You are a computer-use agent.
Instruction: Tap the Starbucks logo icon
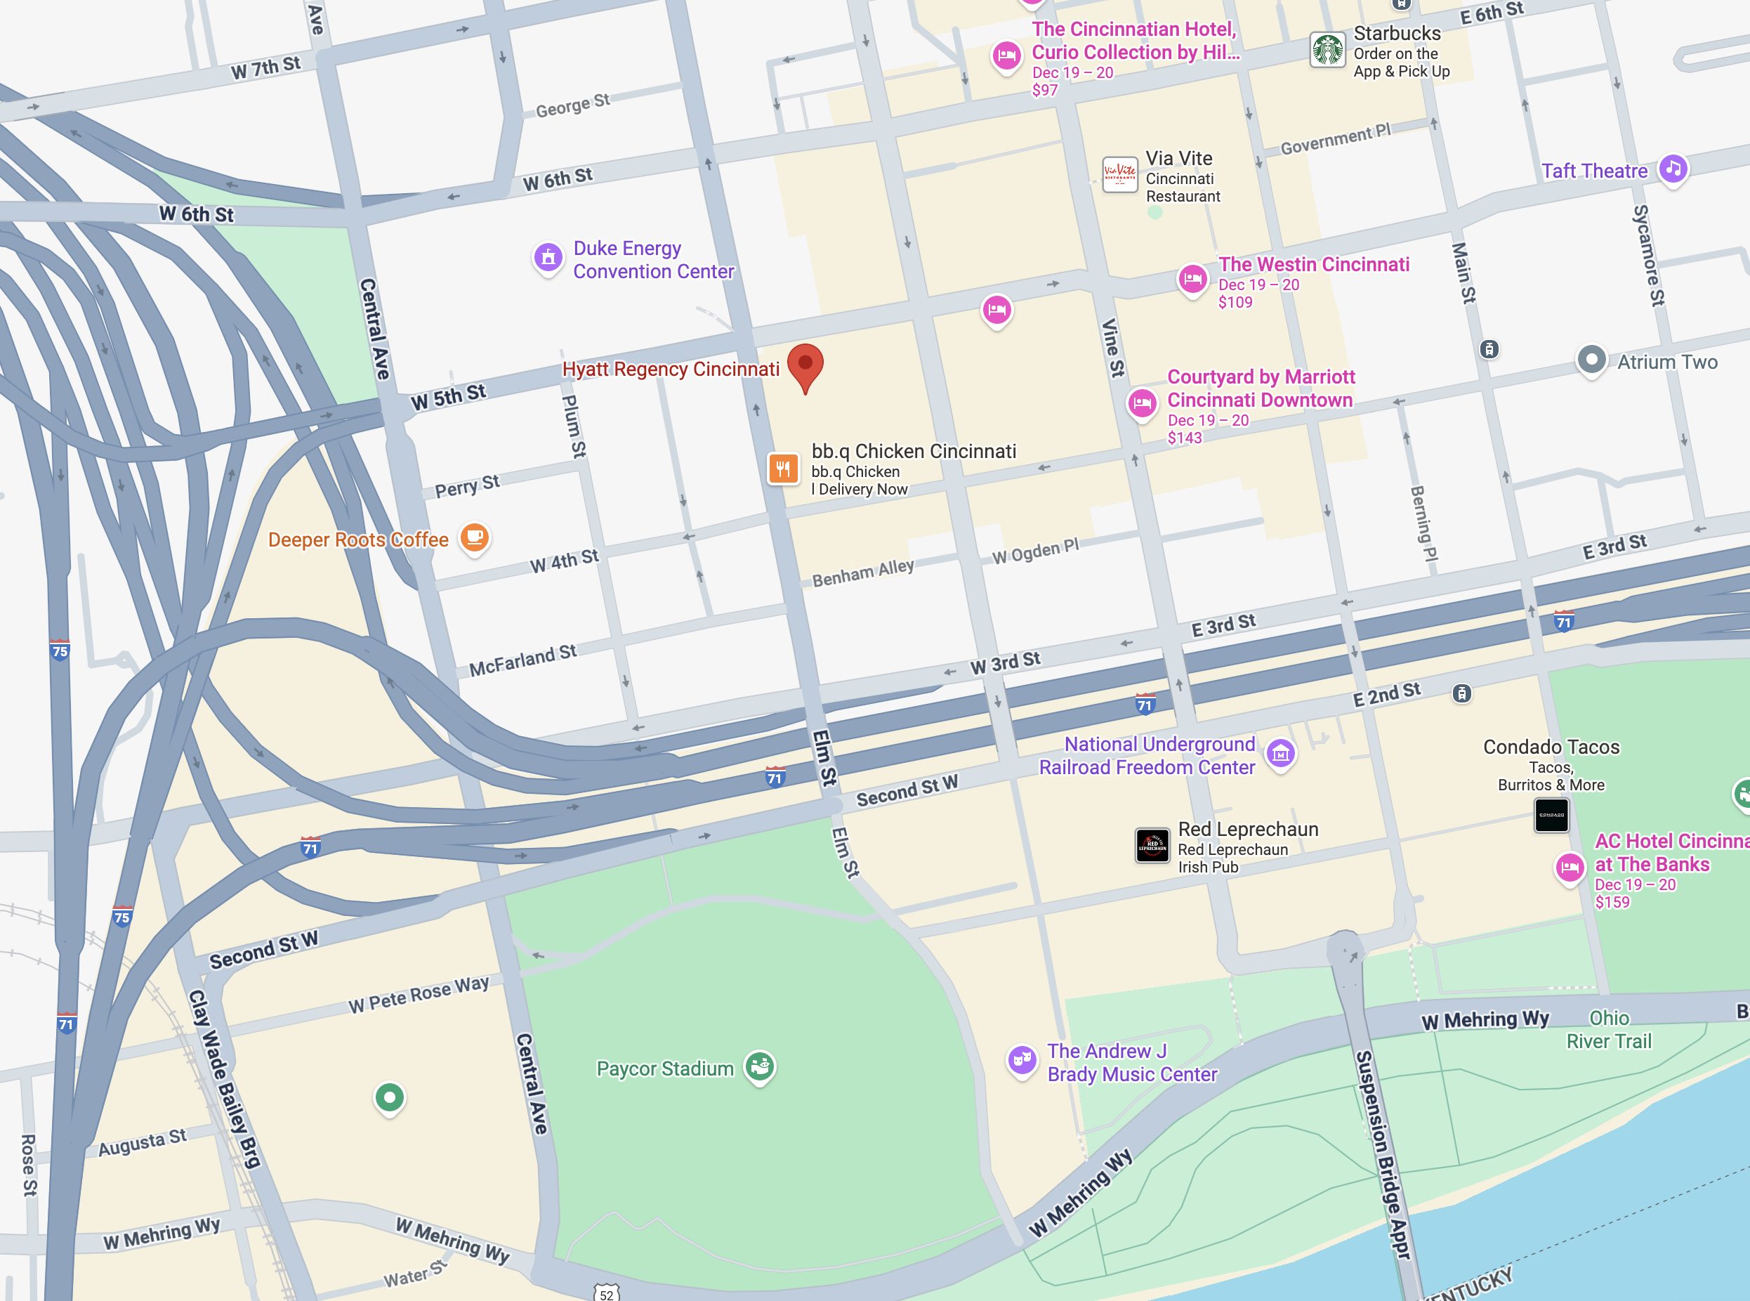pyautogui.click(x=1327, y=51)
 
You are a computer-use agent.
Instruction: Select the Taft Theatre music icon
pyautogui.click(x=1673, y=169)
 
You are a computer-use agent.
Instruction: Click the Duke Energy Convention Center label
pyautogui.click(x=652, y=260)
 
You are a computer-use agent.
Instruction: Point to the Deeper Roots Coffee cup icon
pyautogui.click(x=475, y=538)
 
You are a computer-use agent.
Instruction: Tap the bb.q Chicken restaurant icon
pyautogui.click(x=783, y=469)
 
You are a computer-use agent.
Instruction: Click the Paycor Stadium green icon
pyautogui.click(x=760, y=1067)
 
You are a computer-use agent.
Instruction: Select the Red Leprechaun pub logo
pyautogui.click(x=1152, y=846)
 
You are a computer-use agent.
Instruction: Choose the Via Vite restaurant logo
pyautogui.click(x=1119, y=174)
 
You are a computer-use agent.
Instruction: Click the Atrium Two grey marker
pyautogui.click(x=1591, y=360)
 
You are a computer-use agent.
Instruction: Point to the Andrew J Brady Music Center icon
pyautogui.click(x=1022, y=1060)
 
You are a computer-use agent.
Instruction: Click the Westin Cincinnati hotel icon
pyautogui.click(x=1192, y=279)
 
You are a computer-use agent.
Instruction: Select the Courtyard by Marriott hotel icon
pyautogui.click(x=1141, y=404)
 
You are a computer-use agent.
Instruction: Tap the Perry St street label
pyautogui.click(x=467, y=486)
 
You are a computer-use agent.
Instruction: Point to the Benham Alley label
pyautogui.click(x=863, y=573)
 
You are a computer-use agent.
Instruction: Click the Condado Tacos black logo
pyautogui.click(x=1551, y=815)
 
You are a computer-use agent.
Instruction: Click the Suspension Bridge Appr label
pyautogui.click(x=1381, y=1153)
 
